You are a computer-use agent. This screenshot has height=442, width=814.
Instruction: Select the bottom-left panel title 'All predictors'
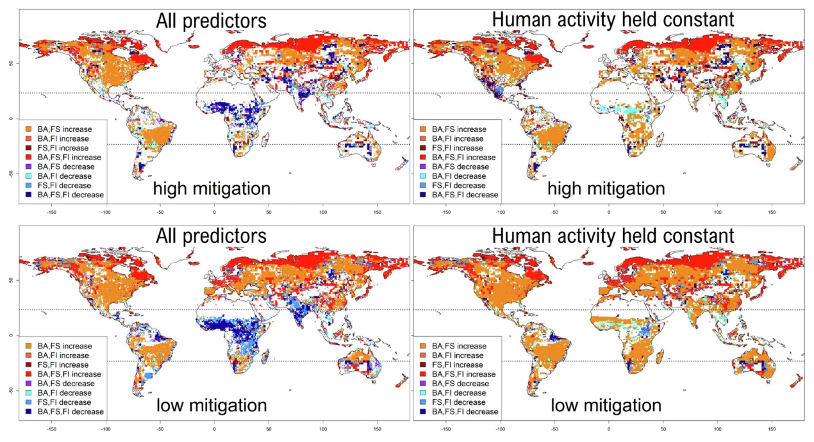pyautogui.click(x=211, y=236)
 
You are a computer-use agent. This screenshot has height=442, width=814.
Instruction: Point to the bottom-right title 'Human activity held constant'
pyautogui.click(x=613, y=236)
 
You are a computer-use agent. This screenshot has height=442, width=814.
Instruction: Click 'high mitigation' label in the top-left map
pyautogui.click(x=211, y=188)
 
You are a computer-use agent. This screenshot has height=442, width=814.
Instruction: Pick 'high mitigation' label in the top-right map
pyautogui.click(x=606, y=188)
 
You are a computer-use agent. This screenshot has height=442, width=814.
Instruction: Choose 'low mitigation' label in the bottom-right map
pyautogui.click(x=606, y=405)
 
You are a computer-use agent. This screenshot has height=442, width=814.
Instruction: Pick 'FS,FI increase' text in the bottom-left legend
pyautogui.click(x=62, y=364)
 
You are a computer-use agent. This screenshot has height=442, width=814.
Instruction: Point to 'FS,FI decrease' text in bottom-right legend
pyautogui.click(x=460, y=402)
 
